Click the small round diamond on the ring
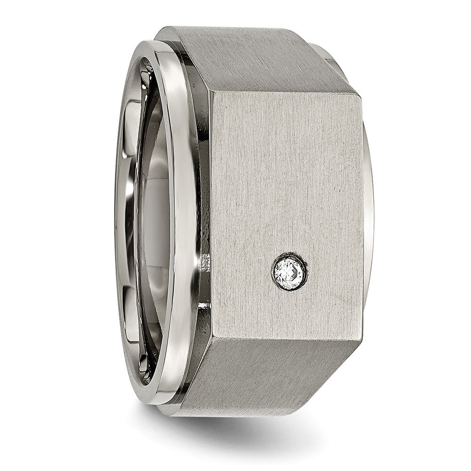click(290, 272)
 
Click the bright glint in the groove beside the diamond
click(205, 264)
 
